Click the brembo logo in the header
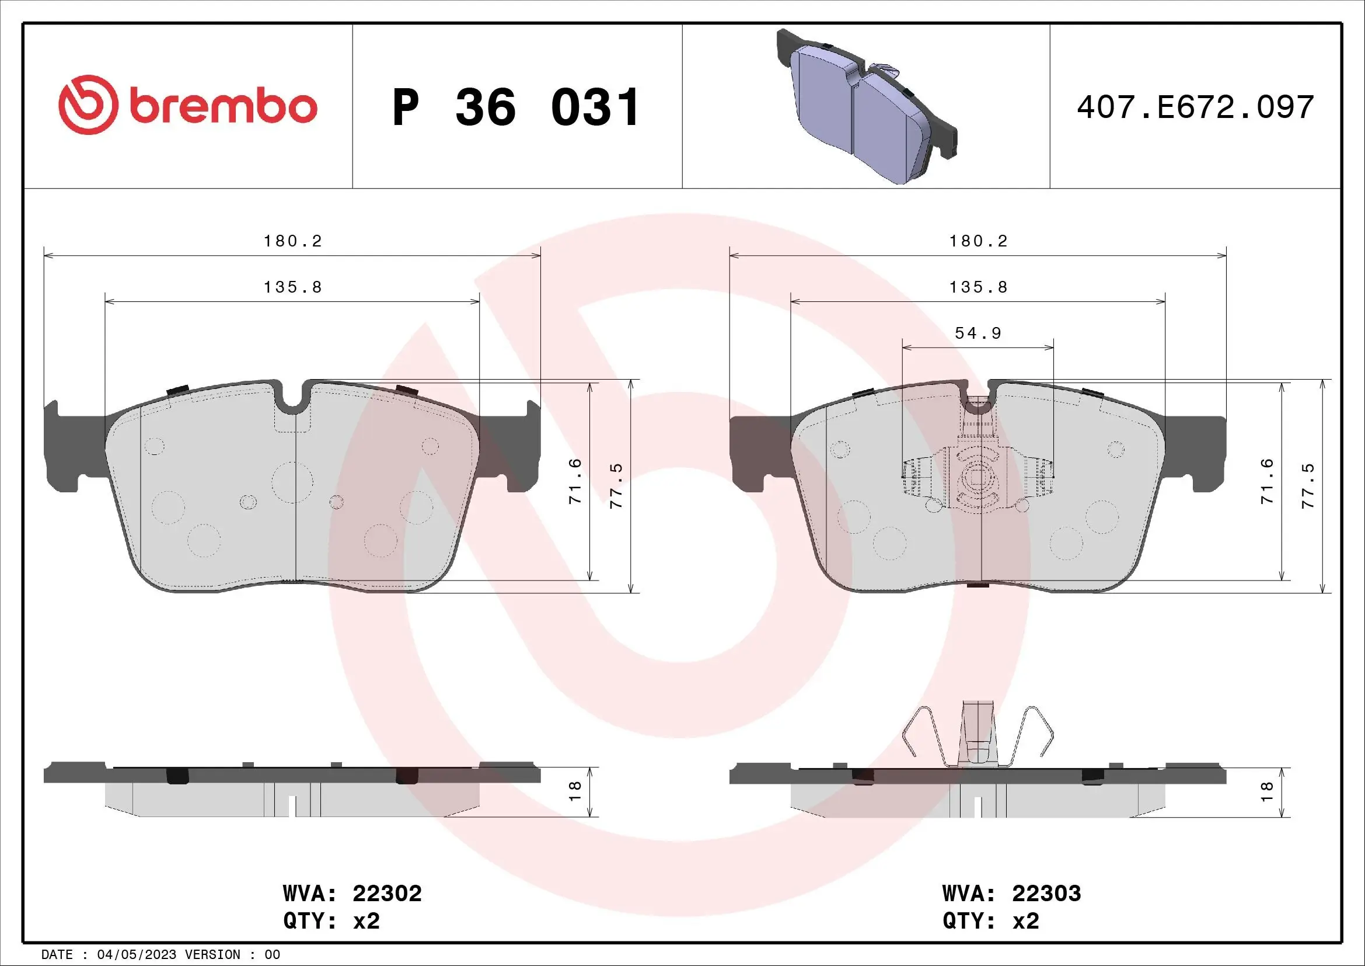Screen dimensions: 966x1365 point(188,106)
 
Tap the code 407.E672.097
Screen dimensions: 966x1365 point(1195,107)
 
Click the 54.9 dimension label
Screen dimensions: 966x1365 point(978,333)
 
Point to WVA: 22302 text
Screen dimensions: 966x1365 point(352,894)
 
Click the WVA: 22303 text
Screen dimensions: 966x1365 point(1011,894)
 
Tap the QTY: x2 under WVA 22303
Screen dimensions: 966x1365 point(990,921)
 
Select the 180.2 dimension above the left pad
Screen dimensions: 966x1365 point(292,241)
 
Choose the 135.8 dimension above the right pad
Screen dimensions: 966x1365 point(978,287)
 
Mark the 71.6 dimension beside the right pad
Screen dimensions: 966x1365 point(1267,482)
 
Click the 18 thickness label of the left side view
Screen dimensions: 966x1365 point(575,791)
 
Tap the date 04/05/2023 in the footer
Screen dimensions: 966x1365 point(137,955)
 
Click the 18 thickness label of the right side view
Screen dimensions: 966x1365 point(1266,791)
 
